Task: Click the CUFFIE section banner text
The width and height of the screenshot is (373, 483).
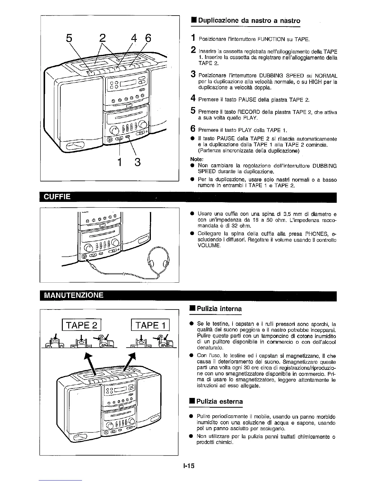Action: point(58,197)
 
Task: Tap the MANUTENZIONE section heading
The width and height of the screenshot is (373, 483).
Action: point(74,295)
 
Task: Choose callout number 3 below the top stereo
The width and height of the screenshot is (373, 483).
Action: point(137,162)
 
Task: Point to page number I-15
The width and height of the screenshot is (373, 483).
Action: point(189,466)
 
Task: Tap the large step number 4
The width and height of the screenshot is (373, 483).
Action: point(193,98)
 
